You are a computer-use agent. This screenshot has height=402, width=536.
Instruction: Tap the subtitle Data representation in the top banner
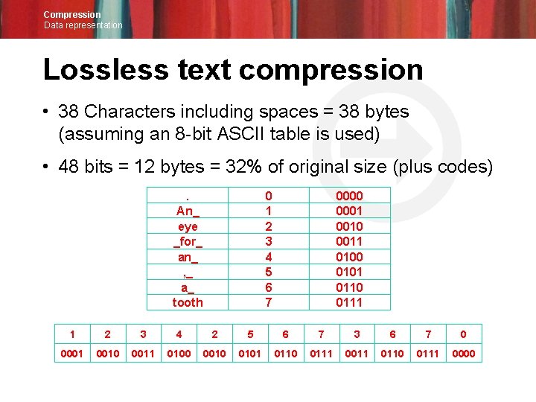point(83,25)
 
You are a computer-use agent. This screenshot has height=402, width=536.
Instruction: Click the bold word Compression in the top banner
point(71,14)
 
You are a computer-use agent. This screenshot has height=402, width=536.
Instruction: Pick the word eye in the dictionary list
point(188,226)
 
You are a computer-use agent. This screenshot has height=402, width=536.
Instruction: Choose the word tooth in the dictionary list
point(188,301)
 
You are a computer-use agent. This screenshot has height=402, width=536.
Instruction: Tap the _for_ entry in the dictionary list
point(188,241)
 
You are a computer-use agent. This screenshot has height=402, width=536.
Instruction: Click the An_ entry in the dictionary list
point(188,211)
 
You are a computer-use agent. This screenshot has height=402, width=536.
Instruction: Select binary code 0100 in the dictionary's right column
point(349,256)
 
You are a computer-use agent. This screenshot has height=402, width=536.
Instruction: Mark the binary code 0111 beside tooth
point(349,301)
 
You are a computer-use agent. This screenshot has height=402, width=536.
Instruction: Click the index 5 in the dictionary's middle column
point(269,272)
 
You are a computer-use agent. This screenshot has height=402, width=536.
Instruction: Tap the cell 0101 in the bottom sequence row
point(249,353)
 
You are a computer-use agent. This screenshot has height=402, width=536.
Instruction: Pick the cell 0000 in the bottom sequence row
point(464,353)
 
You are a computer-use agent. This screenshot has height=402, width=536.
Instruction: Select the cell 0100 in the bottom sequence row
point(179,353)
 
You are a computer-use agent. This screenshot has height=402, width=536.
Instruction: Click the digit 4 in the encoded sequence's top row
point(179,334)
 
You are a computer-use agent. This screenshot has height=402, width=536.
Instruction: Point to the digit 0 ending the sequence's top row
point(464,334)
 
